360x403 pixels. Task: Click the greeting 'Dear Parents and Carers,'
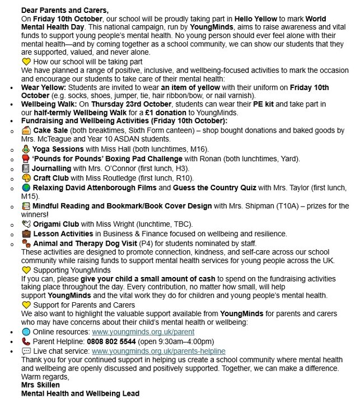[65, 10]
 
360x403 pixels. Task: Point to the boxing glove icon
[26, 158]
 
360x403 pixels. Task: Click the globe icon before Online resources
[26, 332]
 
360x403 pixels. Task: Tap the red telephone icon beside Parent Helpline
[26, 341]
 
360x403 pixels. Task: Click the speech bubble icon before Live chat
[26, 350]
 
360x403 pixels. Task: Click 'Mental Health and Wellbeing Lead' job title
[80, 394]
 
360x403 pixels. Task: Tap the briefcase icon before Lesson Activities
[26, 233]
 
